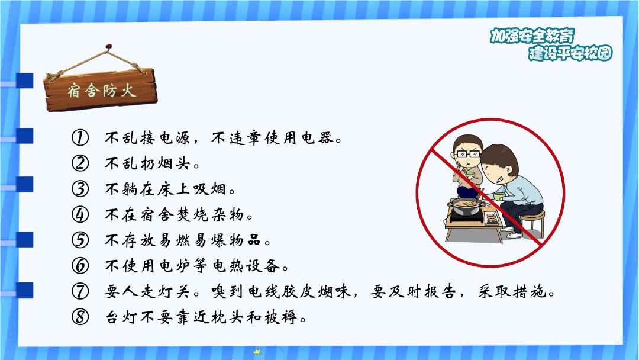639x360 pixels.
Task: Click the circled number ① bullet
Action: pyautogui.click(x=80, y=138)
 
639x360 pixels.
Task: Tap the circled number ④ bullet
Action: pyautogui.click(x=80, y=214)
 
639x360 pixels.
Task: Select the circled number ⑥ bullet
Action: pyautogui.click(x=80, y=265)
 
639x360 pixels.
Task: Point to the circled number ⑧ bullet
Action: pyautogui.click(x=80, y=316)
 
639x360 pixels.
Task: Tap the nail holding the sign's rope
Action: pyautogui.click(x=108, y=47)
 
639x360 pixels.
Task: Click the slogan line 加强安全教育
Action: pyautogui.click(x=532, y=36)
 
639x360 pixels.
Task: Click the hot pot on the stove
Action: pyautogui.click(x=466, y=205)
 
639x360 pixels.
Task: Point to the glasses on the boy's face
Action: pyautogui.click(x=468, y=154)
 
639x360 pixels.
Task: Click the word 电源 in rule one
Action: pyautogui.click(x=175, y=138)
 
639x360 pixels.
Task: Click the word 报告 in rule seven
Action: pyautogui.click(x=439, y=291)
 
